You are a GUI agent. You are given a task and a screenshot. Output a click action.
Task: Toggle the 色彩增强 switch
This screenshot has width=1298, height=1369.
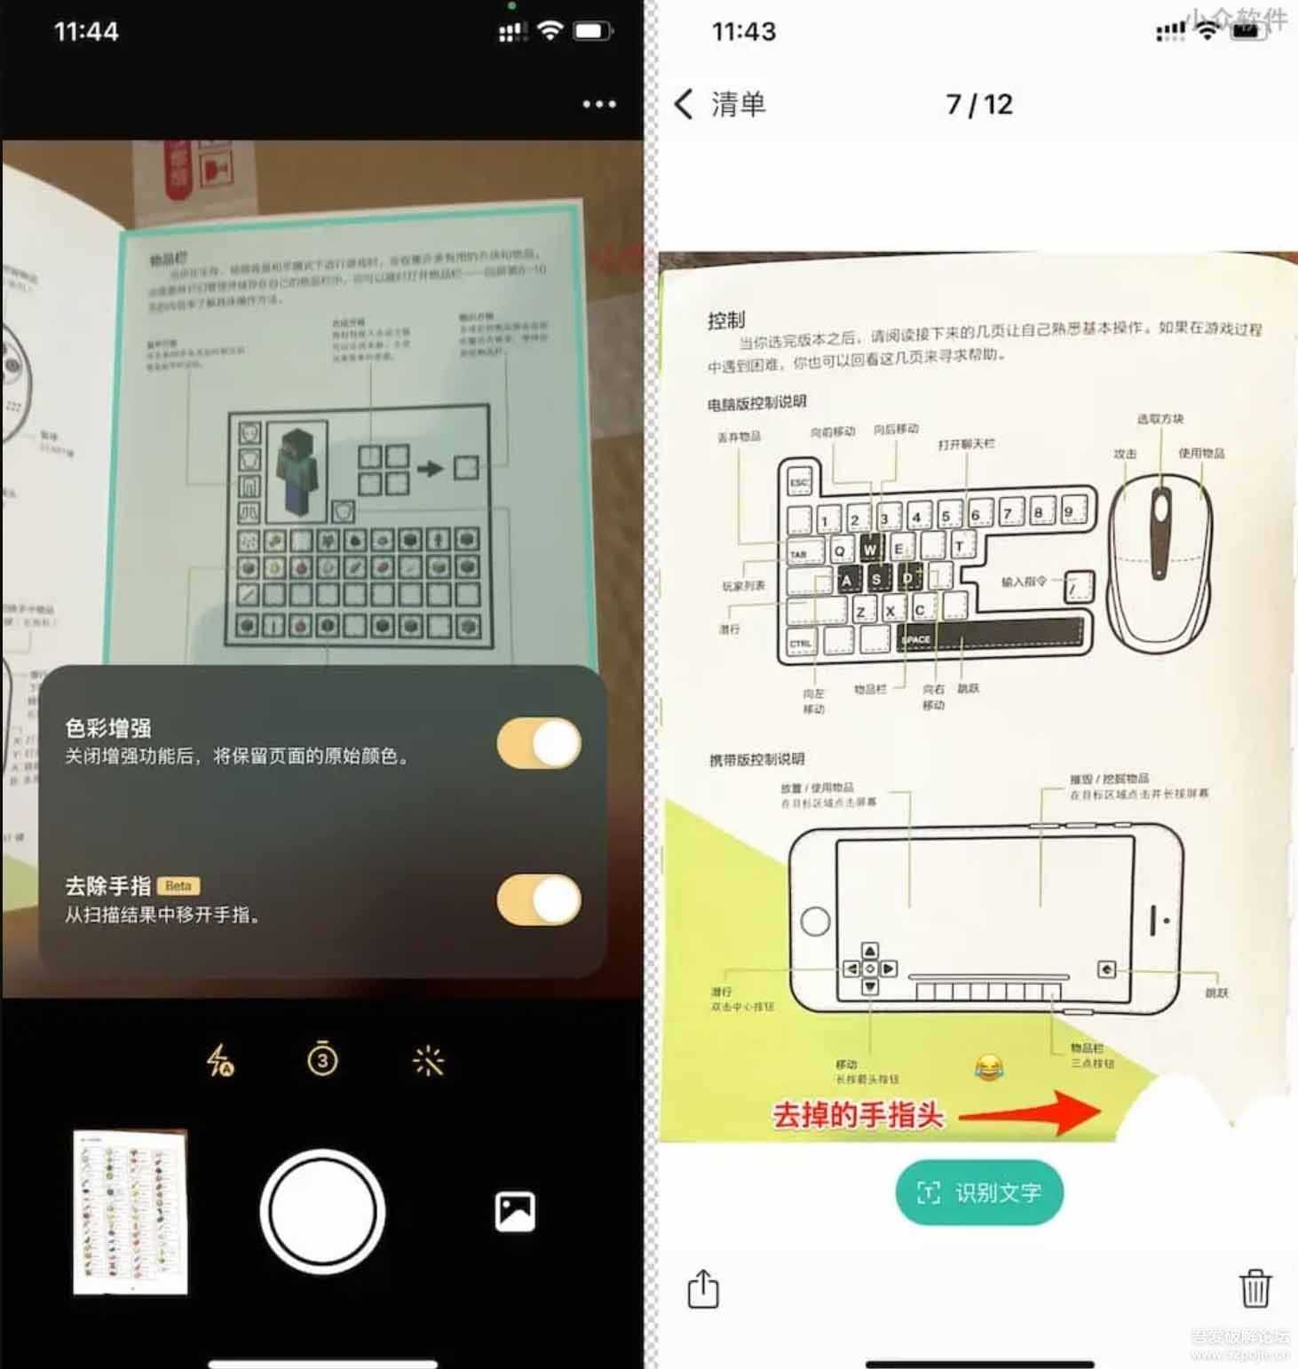539,744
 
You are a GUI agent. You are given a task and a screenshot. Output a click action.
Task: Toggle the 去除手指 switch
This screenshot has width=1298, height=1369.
539,900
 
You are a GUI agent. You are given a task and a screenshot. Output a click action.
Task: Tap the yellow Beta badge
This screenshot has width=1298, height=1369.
178,886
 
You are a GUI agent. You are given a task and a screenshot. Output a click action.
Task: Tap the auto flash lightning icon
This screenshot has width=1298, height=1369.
219,1060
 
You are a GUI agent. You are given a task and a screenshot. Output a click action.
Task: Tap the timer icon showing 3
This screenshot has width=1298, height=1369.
322,1059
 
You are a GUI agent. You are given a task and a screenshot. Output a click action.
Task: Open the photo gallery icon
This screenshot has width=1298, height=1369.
515,1211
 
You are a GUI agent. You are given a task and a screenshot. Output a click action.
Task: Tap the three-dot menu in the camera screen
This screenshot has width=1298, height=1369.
599,105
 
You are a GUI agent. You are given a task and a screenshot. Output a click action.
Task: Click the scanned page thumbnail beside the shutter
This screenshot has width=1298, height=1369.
131,1212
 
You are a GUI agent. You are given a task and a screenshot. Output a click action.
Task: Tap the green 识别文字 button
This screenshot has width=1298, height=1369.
979,1192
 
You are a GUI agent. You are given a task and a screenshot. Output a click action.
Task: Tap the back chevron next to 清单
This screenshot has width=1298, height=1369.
684,105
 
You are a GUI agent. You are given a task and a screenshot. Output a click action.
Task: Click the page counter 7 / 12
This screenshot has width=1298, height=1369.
979,105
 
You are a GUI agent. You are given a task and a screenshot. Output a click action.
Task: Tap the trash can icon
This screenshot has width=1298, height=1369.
1254,1288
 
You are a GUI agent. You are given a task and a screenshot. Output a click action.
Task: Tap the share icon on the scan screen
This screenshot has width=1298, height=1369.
703,1289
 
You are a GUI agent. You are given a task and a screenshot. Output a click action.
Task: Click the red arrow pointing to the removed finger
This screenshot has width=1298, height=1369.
1030,1113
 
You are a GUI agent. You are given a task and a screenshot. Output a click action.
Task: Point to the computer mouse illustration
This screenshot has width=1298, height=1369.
1159,562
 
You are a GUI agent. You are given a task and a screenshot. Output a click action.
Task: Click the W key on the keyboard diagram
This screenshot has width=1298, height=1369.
870,550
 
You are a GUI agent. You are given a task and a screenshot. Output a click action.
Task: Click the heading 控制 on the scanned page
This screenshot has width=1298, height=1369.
726,320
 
